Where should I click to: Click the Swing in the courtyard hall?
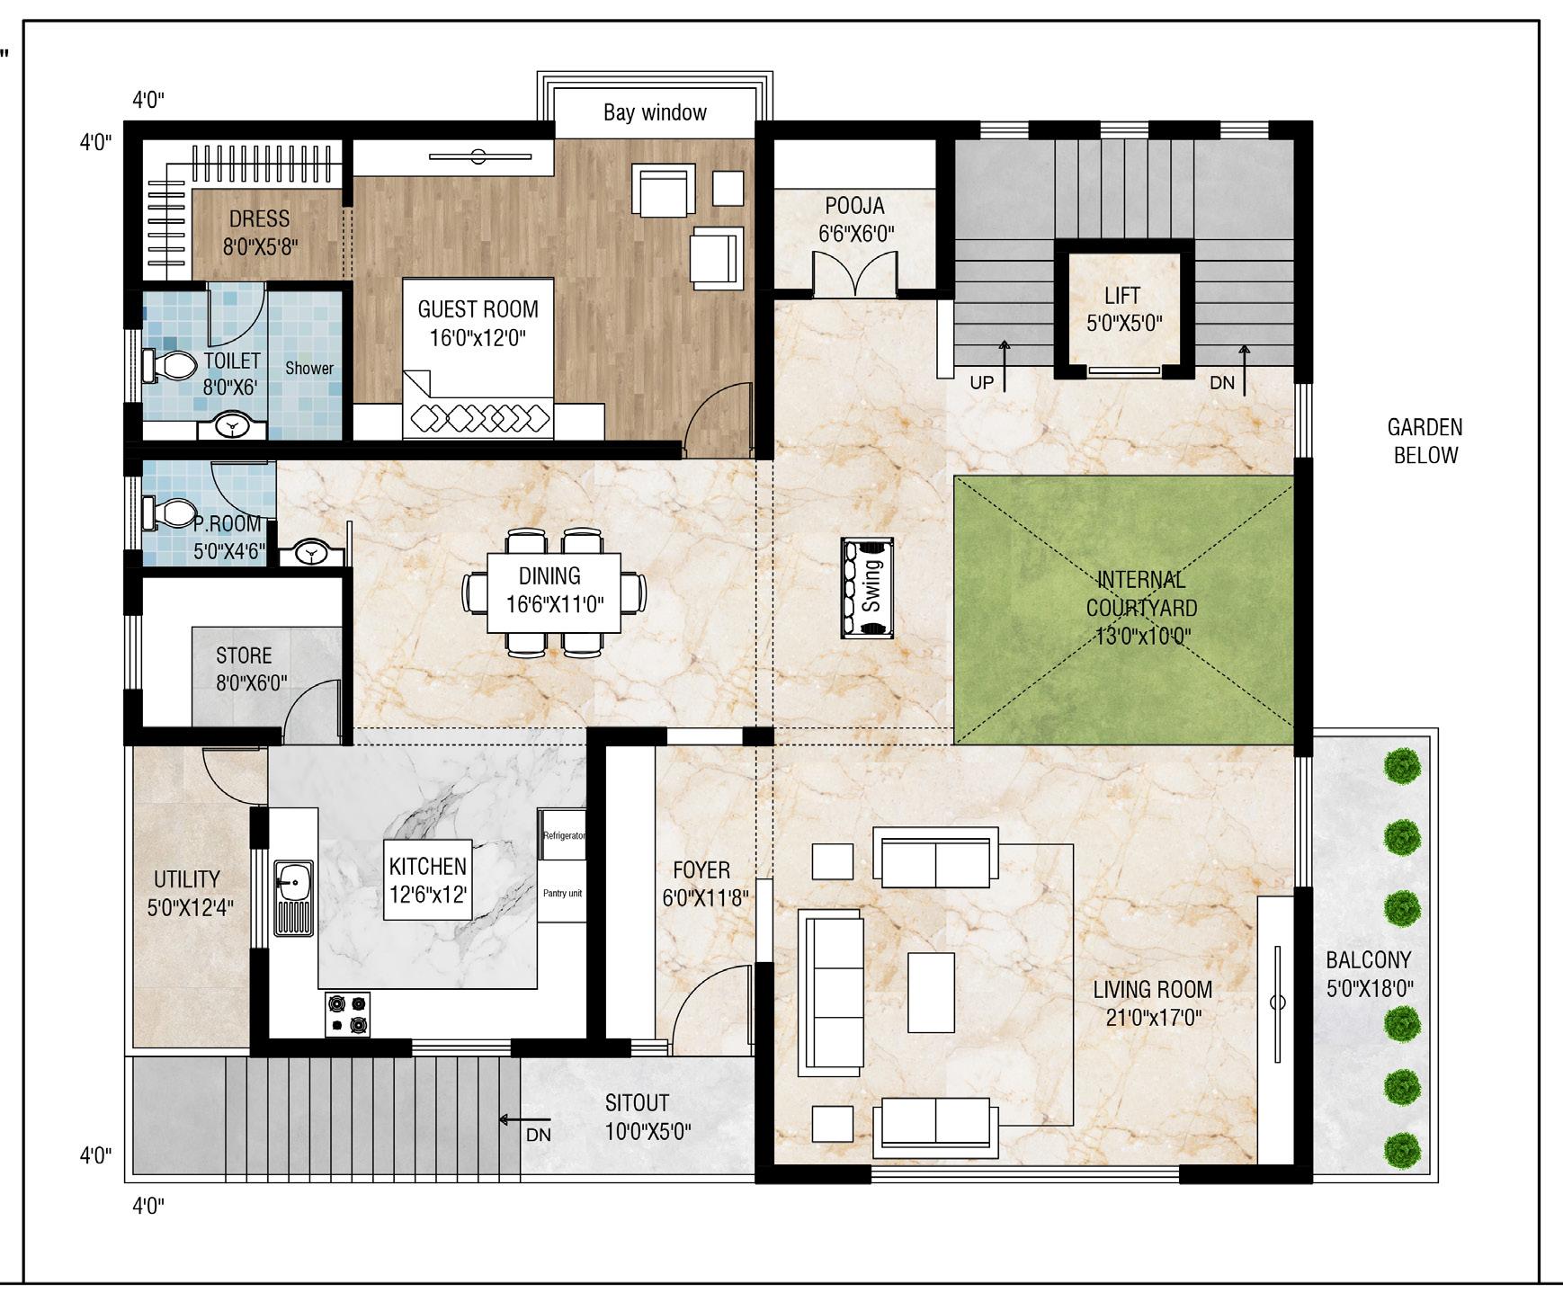[x=867, y=588]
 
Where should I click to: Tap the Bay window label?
[x=655, y=112]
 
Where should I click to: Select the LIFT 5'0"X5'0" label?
[x=1122, y=308]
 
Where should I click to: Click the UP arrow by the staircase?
[x=1005, y=367]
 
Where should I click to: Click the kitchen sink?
[x=293, y=897]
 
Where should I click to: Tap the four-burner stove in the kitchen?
[x=347, y=1015]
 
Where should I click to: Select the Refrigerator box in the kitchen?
[x=562, y=835]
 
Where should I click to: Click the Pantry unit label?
[x=562, y=893]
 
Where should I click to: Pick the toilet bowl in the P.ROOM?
[x=168, y=513]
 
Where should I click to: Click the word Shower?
[x=309, y=368]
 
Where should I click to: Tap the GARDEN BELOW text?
[x=1425, y=441]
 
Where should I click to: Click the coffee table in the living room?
[x=931, y=993]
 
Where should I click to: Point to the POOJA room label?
[x=855, y=219]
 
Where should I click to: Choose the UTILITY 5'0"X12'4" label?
[x=189, y=893]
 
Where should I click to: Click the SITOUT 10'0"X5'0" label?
[x=648, y=1117]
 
